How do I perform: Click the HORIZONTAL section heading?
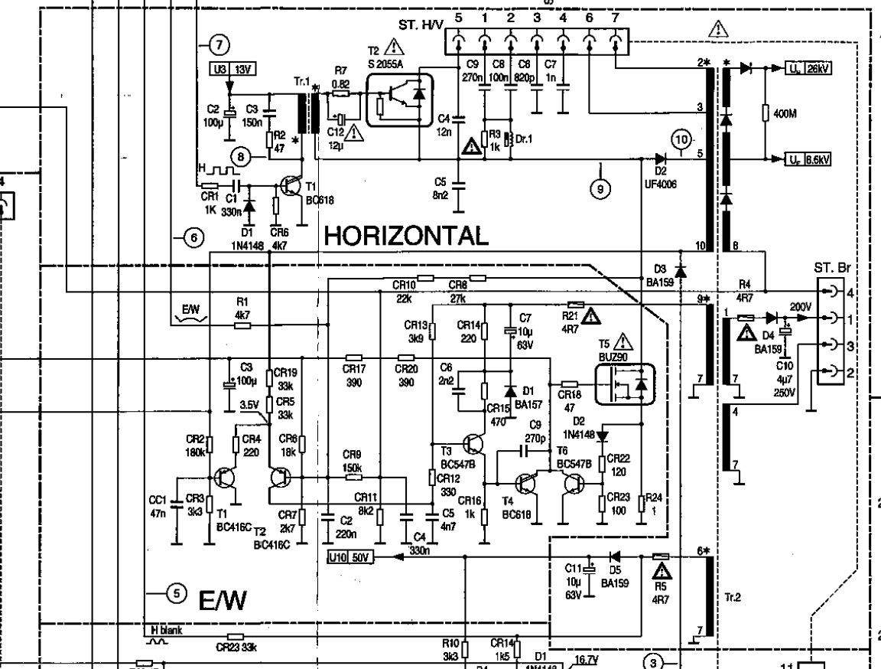pos(406,235)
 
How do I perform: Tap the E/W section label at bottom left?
pos(223,602)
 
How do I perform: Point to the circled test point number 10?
pos(681,140)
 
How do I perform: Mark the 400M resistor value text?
pos(785,114)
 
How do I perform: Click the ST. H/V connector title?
pos(421,26)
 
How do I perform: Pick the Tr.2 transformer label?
pos(733,596)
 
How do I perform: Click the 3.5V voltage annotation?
pos(249,404)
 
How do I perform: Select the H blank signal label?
pos(166,630)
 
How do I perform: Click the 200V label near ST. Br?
pos(801,305)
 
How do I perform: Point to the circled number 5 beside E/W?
pos(177,592)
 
